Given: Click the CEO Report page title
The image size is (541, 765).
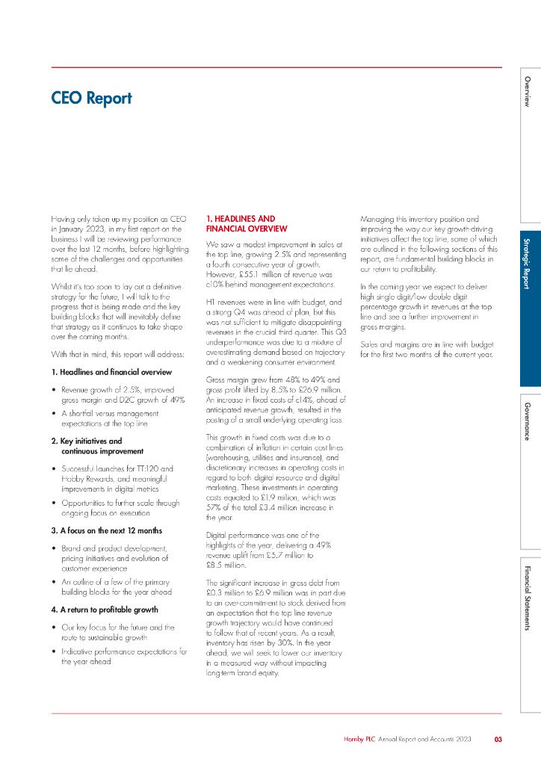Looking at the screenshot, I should pyautogui.click(x=91, y=98).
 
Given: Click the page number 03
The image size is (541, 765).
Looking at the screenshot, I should pyautogui.click(x=498, y=740).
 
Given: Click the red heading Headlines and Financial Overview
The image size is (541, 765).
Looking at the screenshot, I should pyautogui.click(x=247, y=223).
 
